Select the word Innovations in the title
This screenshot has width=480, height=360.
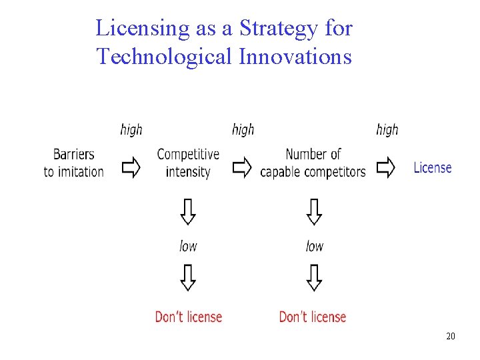coord(295,57)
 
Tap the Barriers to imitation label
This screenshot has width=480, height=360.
coord(74,163)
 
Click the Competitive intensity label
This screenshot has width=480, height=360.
coord(188,163)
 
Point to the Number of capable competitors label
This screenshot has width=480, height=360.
coord(313,163)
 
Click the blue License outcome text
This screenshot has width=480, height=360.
coord(433,168)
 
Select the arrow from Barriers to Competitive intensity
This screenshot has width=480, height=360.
coord(131,168)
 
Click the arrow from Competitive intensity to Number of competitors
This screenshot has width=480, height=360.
coord(243,168)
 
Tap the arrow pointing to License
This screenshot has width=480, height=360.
coord(386,168)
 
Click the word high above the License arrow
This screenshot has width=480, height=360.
coord(387,129)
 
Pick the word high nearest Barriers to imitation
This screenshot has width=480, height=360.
coord(131,129)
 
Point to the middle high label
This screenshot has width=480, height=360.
coord(243,129)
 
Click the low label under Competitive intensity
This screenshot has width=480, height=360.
coord(189,246)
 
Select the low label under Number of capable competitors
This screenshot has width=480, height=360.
coord(315,246)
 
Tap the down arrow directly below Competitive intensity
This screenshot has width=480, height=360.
coord(189,212)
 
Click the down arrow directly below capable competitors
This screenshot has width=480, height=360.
coord(314,212)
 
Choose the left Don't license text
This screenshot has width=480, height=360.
coord(189,317)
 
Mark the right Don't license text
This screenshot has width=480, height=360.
coord(313,317)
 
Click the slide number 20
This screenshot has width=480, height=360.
coord(451,336)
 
